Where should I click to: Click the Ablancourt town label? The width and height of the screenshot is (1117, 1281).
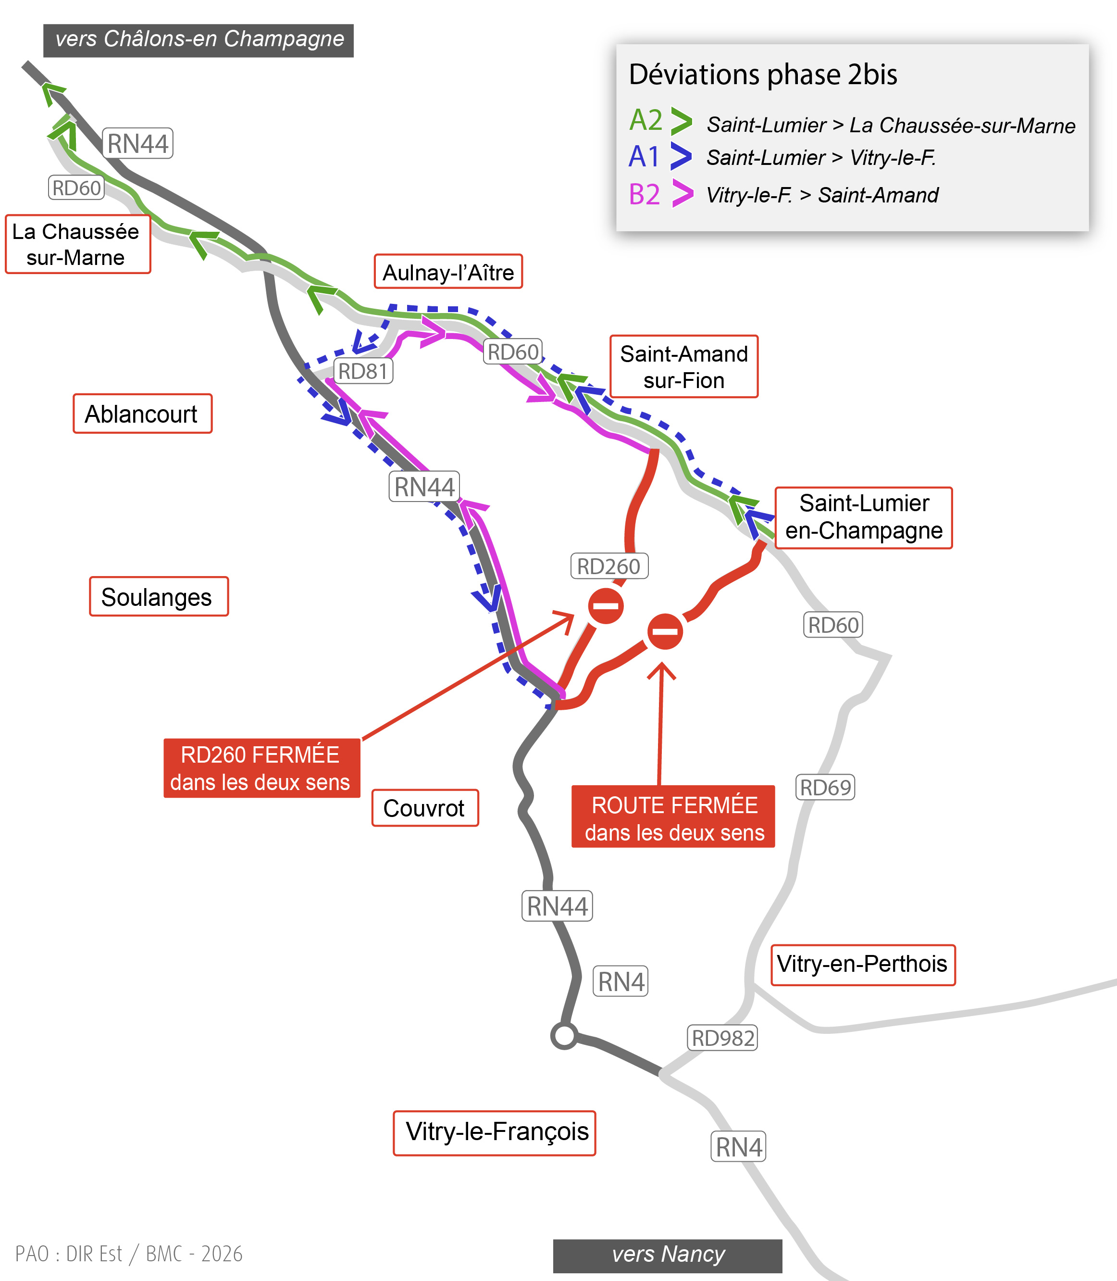click(142, 414)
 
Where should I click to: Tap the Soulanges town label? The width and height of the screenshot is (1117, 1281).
click(158, 597)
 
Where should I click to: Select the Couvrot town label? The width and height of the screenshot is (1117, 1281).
click(424, 808)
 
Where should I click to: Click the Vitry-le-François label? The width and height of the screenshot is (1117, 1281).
click(494, 1132)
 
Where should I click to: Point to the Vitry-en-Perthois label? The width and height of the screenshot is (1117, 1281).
click(862, 964)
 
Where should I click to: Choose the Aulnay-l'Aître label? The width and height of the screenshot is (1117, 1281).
click(447, 272)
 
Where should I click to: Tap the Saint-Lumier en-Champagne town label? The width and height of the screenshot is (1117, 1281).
click(863, 517)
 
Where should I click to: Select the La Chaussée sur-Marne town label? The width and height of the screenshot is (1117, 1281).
click(77, 244)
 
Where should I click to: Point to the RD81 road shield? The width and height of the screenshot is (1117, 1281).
click(363, 371)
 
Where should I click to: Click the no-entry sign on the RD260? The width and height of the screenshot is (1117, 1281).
click(605, 605)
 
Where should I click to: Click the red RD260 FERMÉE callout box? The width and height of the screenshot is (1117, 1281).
click(261, 768)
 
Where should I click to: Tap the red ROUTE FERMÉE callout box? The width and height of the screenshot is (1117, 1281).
click(673, 817)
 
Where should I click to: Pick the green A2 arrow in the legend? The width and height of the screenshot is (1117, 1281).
click(681, 121)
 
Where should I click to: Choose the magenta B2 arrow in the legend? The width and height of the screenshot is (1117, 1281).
click(682, 194)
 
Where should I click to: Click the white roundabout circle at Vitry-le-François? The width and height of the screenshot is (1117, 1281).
click(564, 1035)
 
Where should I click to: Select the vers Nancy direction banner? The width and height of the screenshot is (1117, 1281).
click(667, 1256)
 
